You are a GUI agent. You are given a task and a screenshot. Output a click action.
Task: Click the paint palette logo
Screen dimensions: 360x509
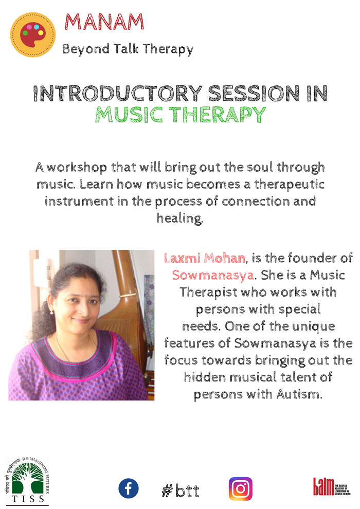(x=33, y=35)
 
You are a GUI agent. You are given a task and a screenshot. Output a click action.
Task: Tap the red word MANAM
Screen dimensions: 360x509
(x=104, y=22)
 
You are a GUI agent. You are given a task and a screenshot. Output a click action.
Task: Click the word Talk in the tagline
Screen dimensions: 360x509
(x=127, y=49)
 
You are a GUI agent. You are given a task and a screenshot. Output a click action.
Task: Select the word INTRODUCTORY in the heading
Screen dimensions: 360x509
(x=118, y=94)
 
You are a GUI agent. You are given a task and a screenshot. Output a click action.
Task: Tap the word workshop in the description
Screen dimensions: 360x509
(x=77, y=168)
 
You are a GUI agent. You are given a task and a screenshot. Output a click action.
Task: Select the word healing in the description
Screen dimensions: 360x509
(x=180, y=218)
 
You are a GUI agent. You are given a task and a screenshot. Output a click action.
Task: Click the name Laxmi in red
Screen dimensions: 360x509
(x=183, y=258)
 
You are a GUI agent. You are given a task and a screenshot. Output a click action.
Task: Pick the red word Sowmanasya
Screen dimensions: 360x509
(x=212, y=275)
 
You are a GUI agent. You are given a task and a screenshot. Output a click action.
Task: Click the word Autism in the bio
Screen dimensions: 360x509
(x=299, y=394)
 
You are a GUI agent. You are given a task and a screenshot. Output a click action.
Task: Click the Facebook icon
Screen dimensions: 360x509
(x=129, y=488)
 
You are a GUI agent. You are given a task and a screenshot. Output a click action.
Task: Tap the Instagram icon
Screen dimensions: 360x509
(x=241, y=489)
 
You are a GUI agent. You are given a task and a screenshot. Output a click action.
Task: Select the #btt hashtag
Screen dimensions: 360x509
(x=181, y=490)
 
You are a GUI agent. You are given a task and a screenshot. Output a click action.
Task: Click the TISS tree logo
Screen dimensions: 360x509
(x=27, y=481)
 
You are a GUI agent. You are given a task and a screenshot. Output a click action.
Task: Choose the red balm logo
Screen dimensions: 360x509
(x=331, y=486)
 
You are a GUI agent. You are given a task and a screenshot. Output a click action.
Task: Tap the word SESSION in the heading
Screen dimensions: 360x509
(x=254, y=94)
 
